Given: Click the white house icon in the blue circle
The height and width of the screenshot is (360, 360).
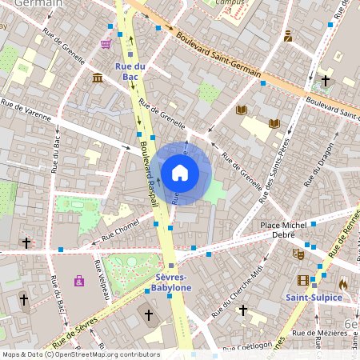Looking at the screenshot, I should pyautogui.click(x=180, y=173).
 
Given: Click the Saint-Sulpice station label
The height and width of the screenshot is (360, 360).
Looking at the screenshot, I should pyautogui.click(x=314, y=297).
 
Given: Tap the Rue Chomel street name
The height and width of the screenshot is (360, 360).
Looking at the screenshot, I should pyautogui.click(x=121, y=232).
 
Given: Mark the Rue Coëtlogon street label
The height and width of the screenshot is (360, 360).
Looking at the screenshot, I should pyautogui.click(x=249, y=346).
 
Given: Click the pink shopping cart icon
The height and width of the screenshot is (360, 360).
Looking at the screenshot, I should pyautogui.click(x=106, y=44).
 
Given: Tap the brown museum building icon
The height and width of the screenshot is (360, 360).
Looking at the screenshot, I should pyautogui.click(x=97, y=77).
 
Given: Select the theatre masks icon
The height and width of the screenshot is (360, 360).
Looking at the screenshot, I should pyautogui.click(x=298, y=254).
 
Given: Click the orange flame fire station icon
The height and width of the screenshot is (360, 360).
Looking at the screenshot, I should pyautogui.click(x=343, y=283).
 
